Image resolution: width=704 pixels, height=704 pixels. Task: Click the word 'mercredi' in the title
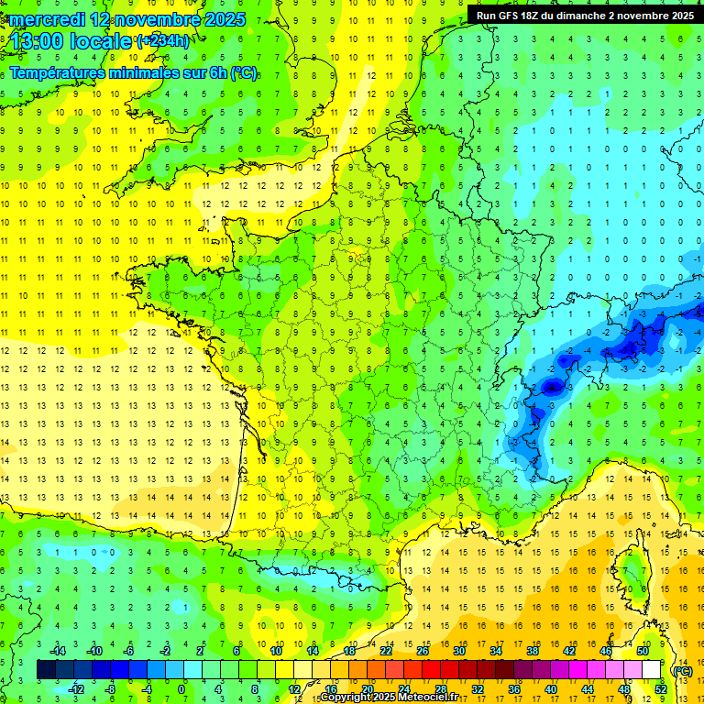tap(45, 18)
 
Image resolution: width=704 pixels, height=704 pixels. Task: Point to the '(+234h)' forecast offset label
tap(164, 40)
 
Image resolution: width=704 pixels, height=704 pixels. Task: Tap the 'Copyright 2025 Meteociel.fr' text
tap(389, 698)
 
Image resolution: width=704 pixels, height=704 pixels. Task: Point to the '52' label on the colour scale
tap(661, 688)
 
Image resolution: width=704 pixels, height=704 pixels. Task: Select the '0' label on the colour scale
tap(181, 688)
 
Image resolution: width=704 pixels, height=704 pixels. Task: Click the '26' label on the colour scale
tap(423, 652)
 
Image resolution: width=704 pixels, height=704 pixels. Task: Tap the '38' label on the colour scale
tap(533, 652)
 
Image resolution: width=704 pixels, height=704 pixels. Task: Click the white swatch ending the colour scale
tap(652, 670)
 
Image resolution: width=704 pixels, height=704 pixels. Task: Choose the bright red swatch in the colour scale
tap(432, 670)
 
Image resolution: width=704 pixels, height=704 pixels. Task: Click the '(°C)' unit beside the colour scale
tap(682, 671)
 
